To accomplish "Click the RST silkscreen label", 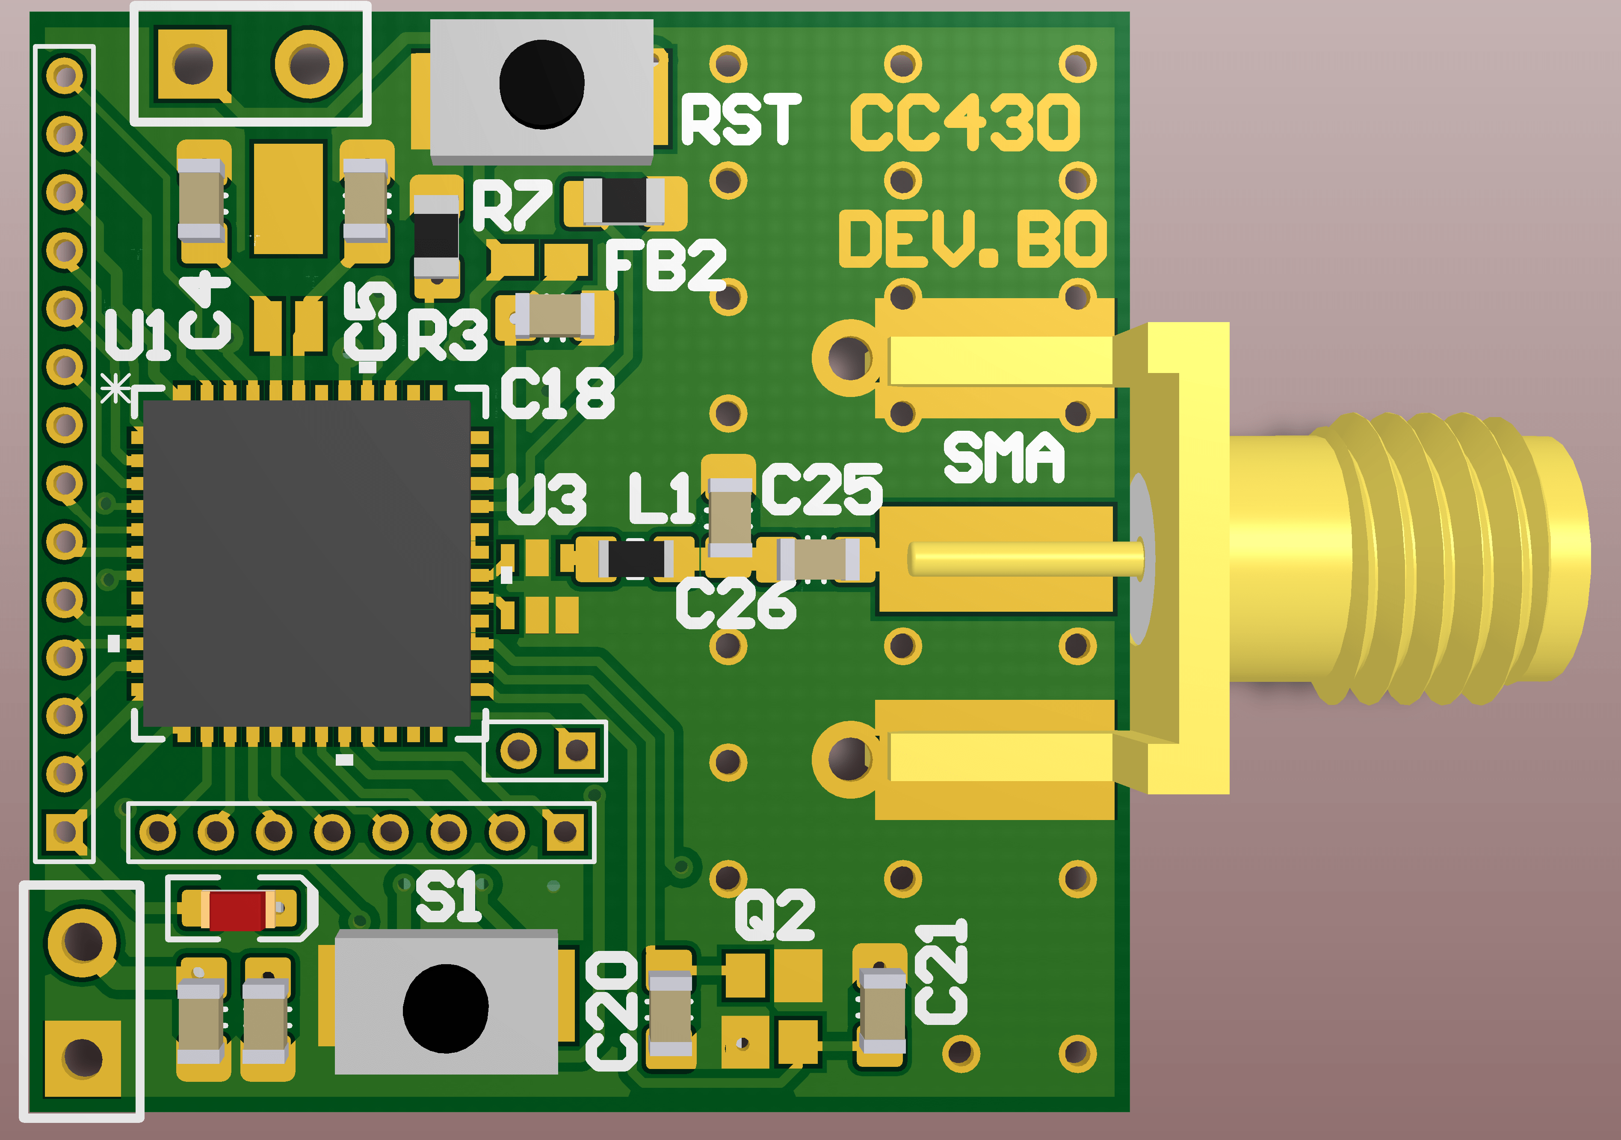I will coord(741,120).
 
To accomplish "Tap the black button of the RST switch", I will coord(541,84).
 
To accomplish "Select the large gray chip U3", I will coord(306,563).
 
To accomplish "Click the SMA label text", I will coord(1003,459).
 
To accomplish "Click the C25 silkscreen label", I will coord(822,489).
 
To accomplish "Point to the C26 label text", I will coord(736,604).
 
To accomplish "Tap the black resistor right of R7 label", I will coord(624,201).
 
